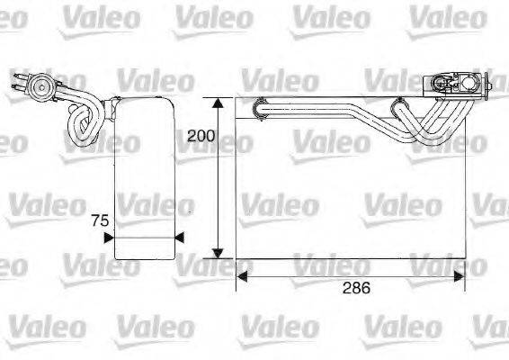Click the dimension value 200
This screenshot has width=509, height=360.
(x=201, y=137)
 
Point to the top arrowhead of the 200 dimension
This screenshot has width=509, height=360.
(x=217, y=102)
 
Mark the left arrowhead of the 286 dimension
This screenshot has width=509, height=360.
(x=241, y=276)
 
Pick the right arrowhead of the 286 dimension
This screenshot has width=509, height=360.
(x=460, y=276)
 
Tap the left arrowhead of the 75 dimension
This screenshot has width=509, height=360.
(x=110, y=238)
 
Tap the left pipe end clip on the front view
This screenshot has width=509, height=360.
(x=258, y=106)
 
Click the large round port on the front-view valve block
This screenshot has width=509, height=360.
(x=442, y=85)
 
